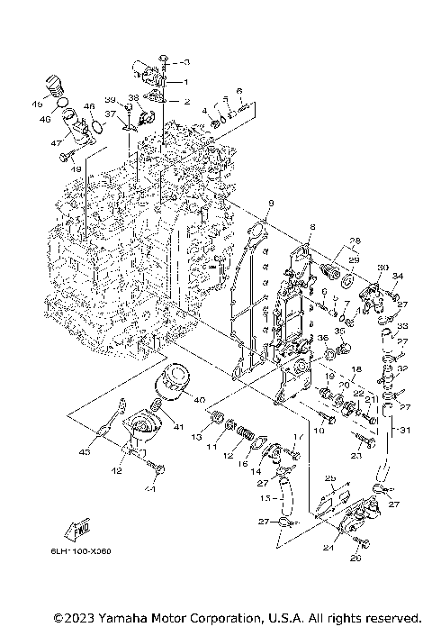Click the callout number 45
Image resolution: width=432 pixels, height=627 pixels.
(39, 104)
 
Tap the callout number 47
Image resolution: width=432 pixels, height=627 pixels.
(55, 143)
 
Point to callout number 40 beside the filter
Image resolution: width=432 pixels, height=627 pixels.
(198, 400)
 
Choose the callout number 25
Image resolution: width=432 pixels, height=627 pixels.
(329, 477)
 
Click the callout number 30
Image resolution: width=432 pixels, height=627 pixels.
(382, 268)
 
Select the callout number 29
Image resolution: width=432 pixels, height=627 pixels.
(354, 259)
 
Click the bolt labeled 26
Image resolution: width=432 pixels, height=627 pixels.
(363, 543)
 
